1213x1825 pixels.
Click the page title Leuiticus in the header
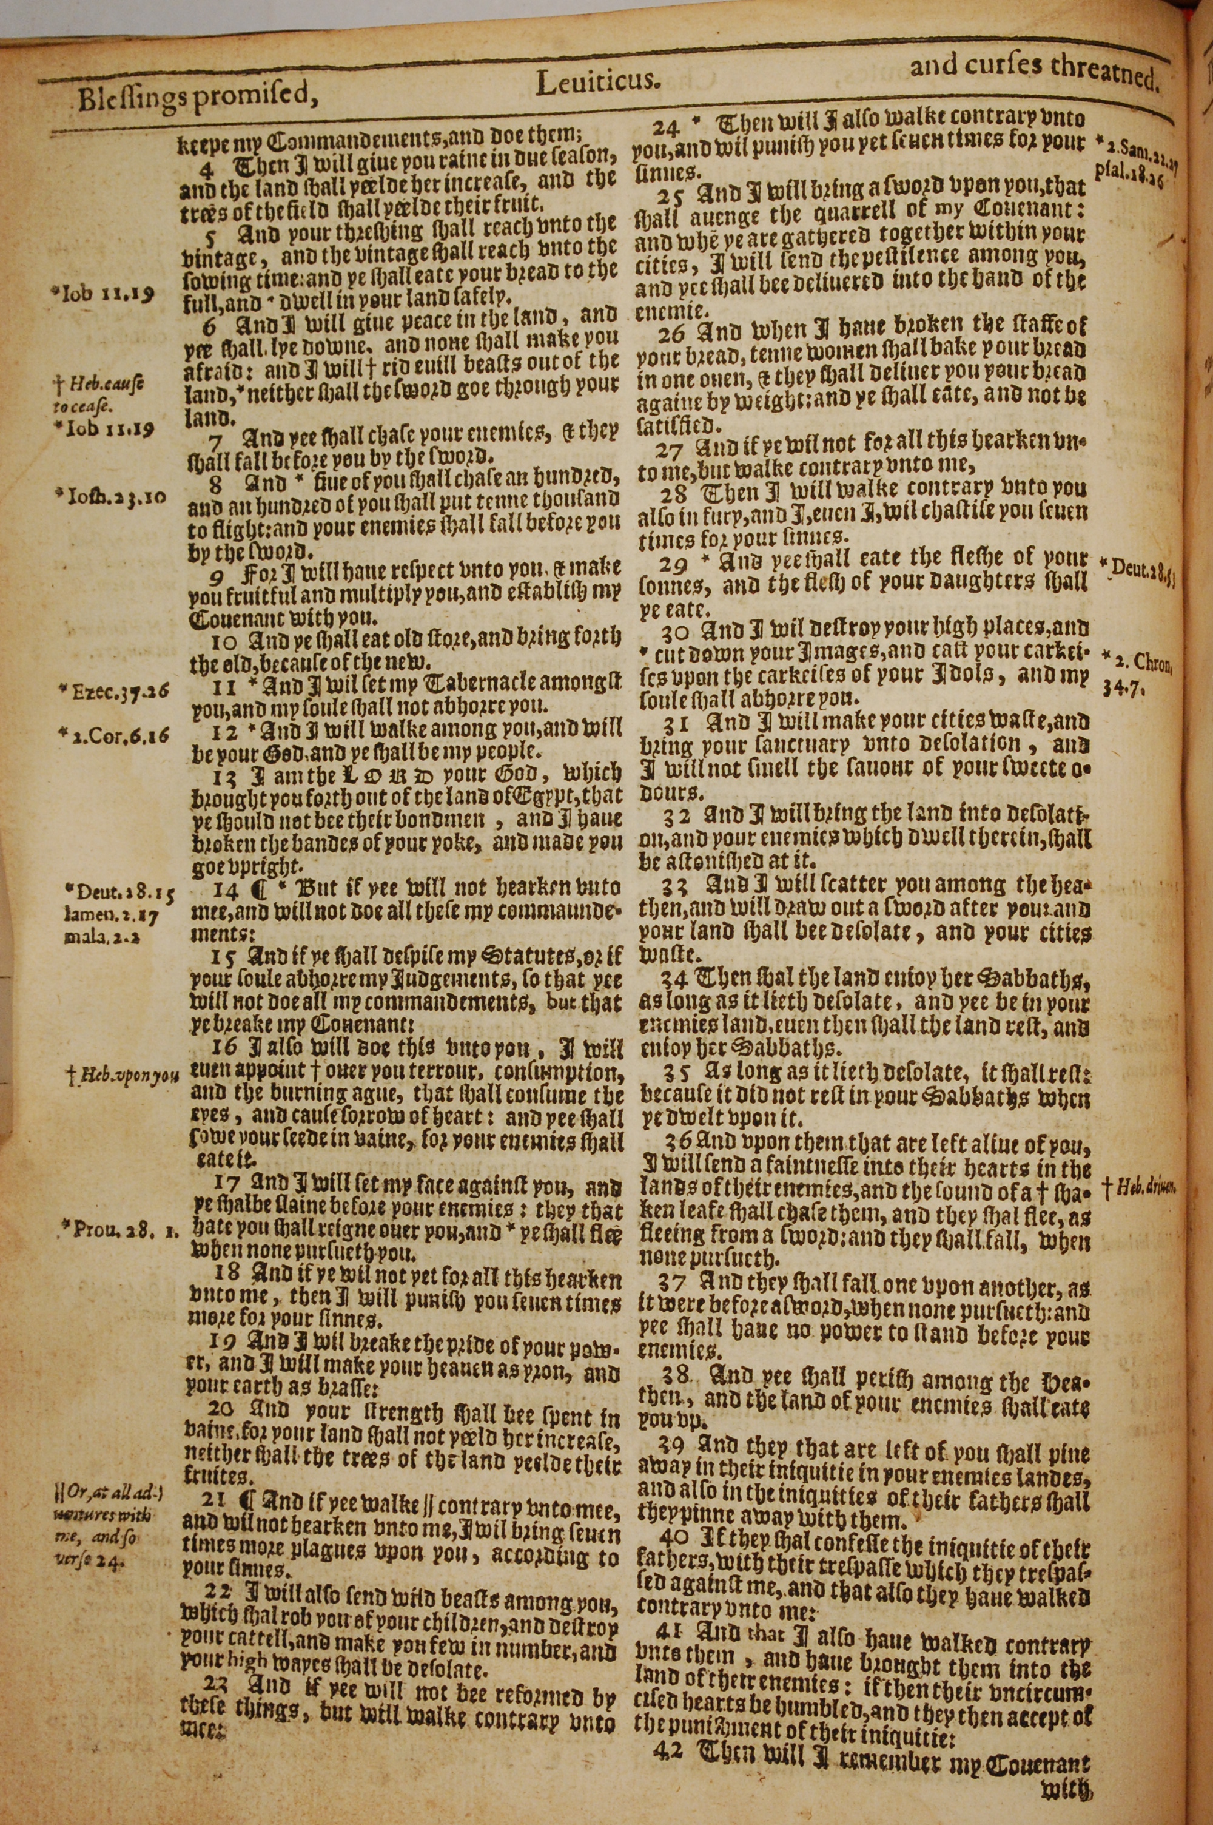pos(597,81)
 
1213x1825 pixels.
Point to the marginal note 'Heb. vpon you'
pos(124,1074)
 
